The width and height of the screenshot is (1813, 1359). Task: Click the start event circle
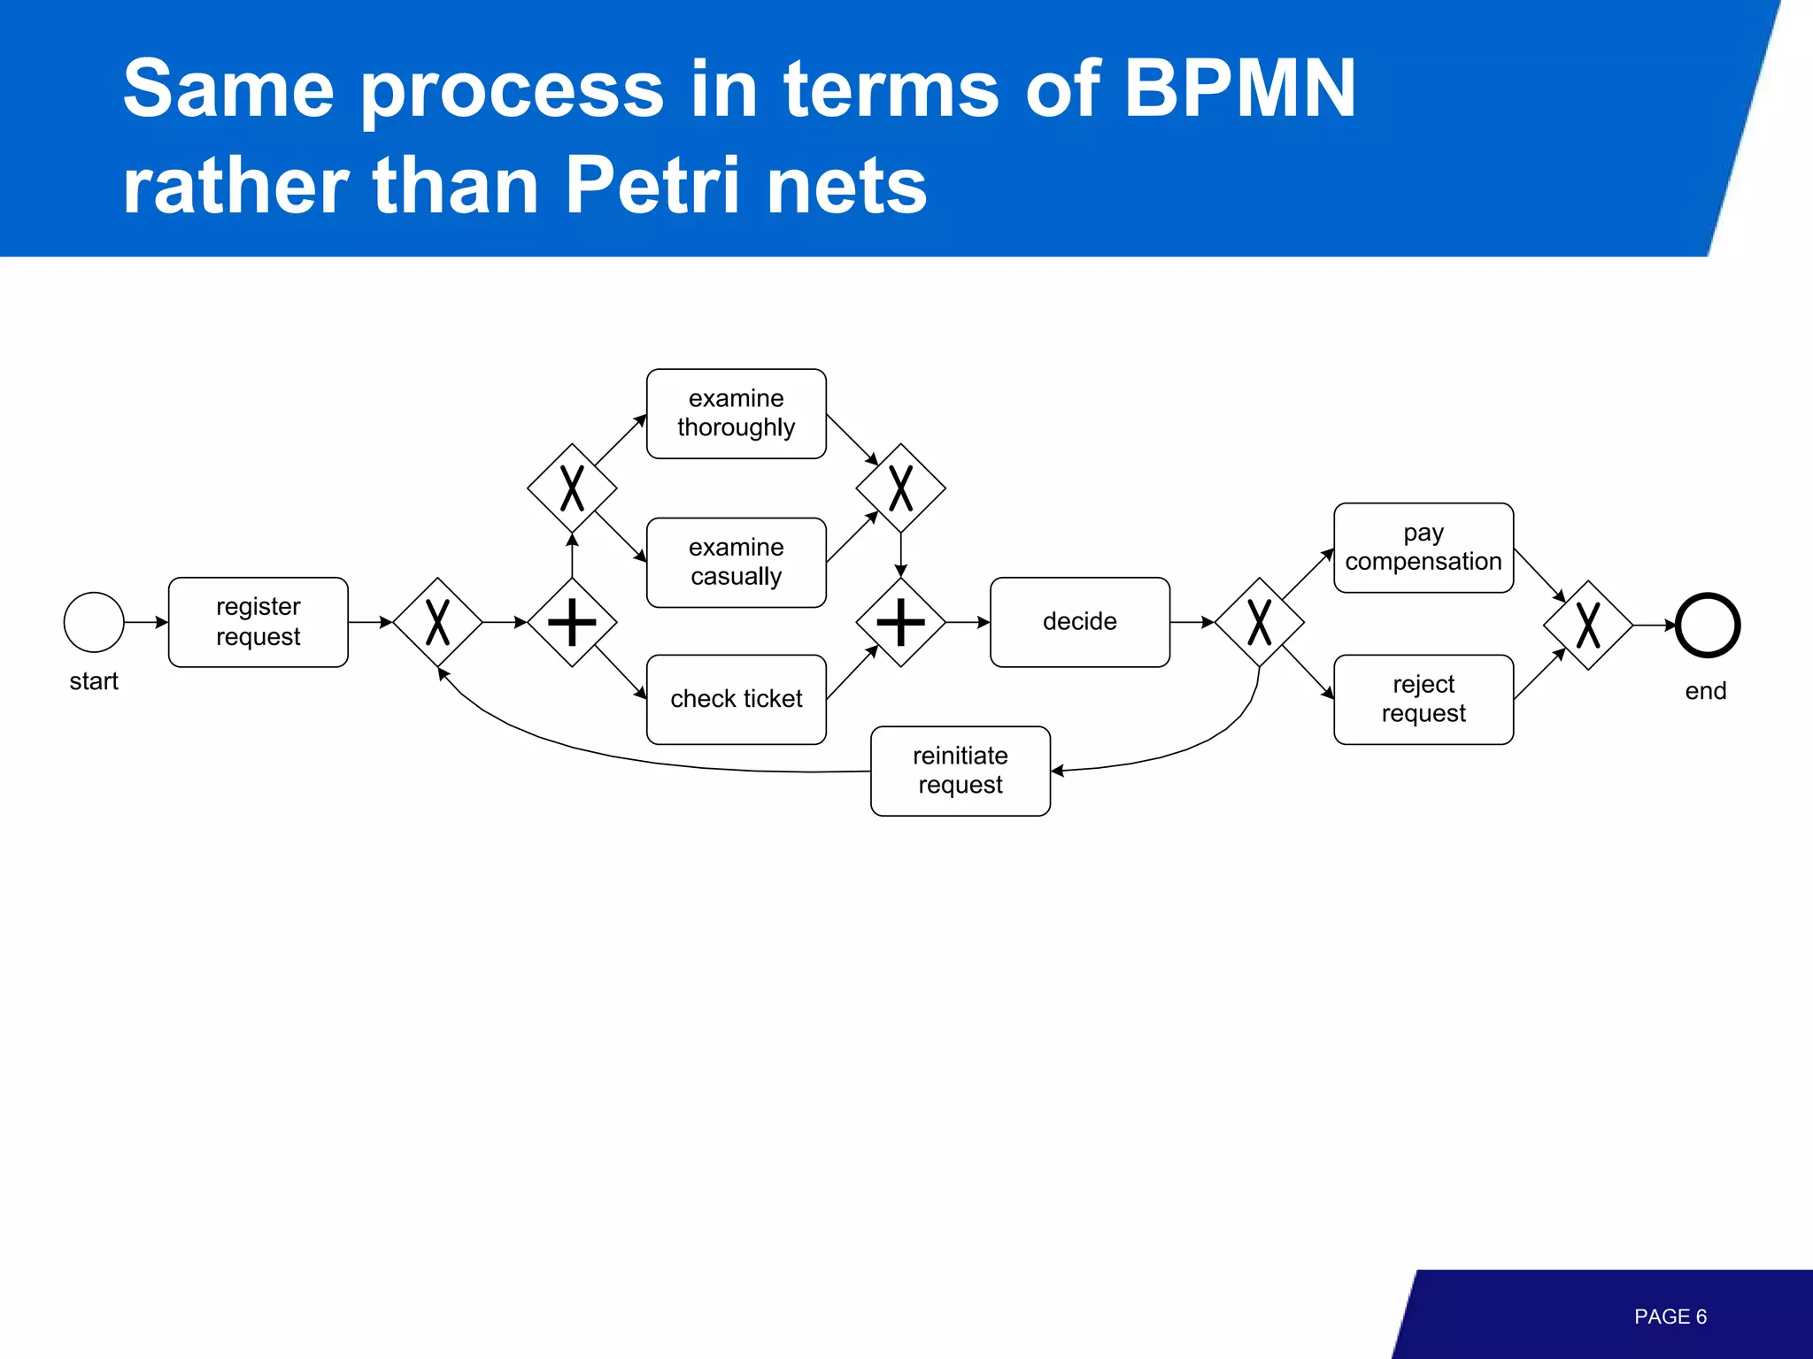94,622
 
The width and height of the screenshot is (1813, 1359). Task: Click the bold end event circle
1708,626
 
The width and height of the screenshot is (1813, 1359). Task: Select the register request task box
258,622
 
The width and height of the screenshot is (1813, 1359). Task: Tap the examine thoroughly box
736,413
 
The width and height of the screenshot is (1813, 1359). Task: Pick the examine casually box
736,562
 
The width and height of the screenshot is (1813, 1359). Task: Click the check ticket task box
736,699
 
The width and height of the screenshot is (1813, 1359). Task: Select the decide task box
1079,622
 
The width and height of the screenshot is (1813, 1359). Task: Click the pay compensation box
1423,548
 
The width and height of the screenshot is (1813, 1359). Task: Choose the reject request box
1423,699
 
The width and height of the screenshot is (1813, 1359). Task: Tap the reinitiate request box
960,771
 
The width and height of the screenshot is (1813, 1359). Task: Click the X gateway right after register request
437,622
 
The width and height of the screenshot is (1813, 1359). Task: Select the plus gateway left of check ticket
572,622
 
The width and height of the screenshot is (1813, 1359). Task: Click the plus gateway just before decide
900,622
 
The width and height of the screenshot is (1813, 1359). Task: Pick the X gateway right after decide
1259,622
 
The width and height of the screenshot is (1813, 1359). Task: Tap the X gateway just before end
1587,626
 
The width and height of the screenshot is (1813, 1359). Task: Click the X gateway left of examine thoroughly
572,488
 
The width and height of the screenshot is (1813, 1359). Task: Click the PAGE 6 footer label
1670,1317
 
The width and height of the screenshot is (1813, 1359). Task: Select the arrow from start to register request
145,622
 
